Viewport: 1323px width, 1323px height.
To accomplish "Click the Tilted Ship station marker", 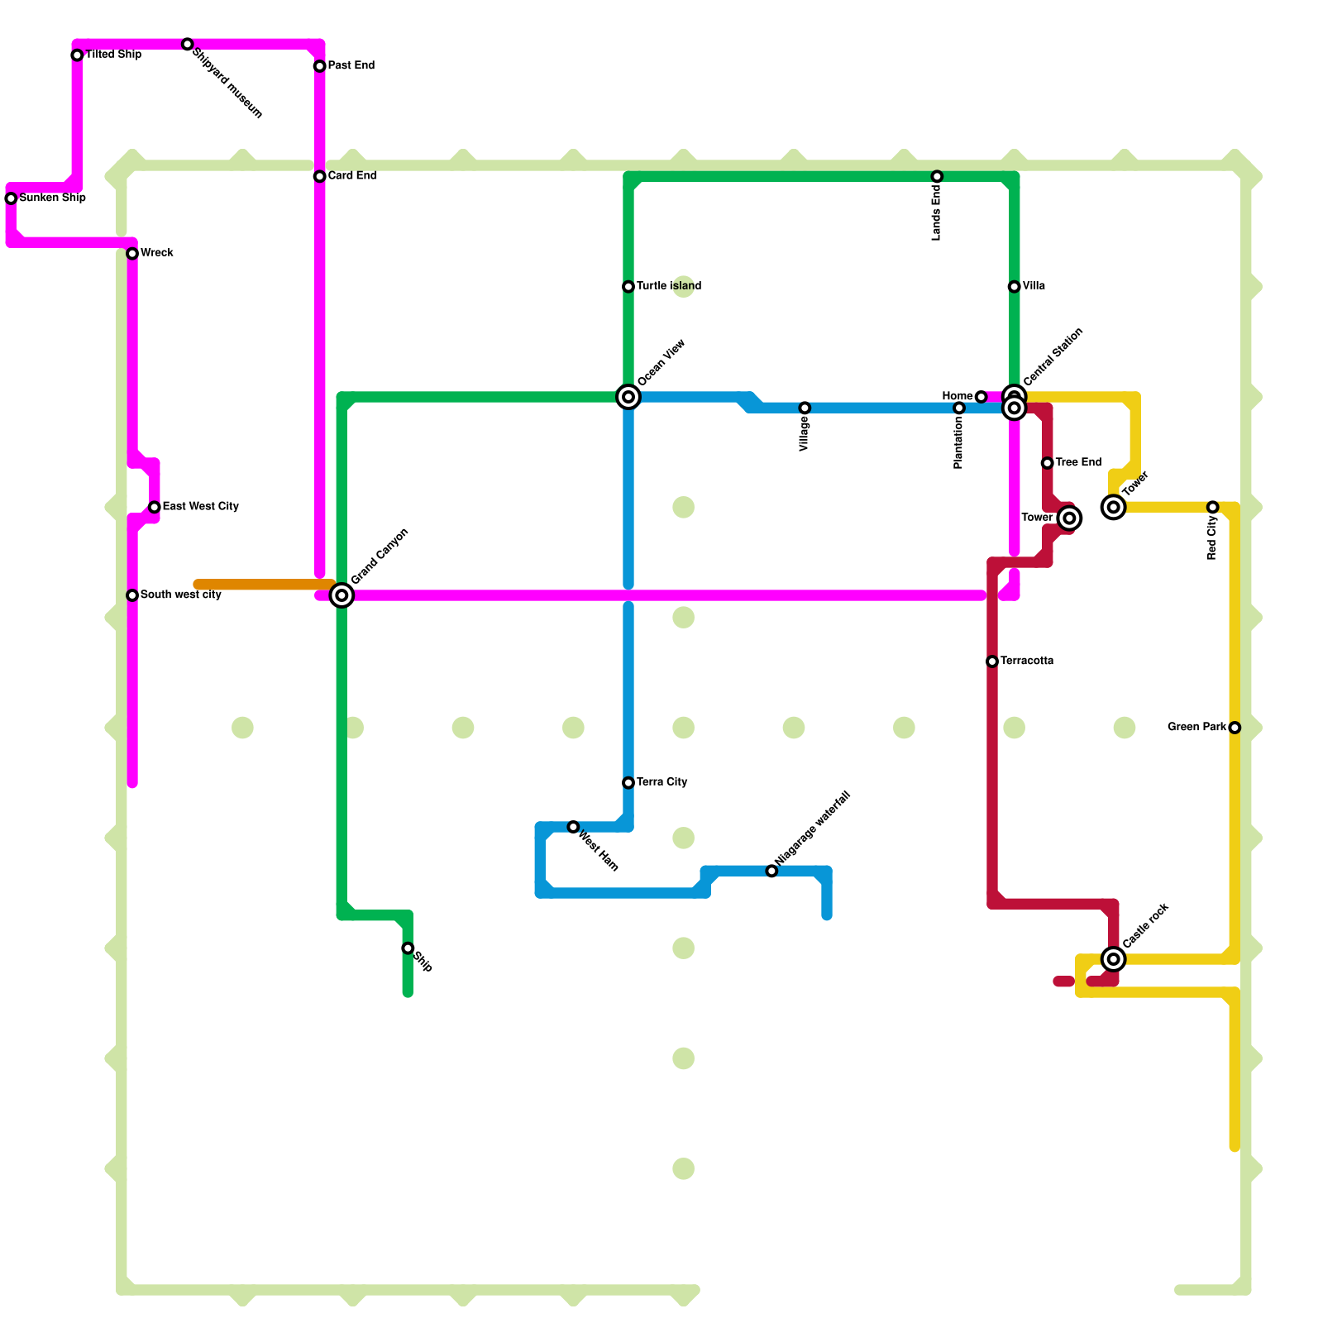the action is pyautogui.click(x=77, y=55).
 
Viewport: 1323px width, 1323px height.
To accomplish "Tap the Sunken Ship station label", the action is pyautogui.click(x=52, y=198).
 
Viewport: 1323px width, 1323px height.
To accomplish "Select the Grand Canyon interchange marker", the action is pyautogui.click(x=341, y=595).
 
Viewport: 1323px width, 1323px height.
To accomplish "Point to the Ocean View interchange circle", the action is pyautogui.click(x=628, y=397).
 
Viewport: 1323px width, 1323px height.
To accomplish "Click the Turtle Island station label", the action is pyautogui.click(x=669, y=286).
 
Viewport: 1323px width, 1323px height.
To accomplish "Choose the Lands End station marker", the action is pyautogui.click(x=937, y=176).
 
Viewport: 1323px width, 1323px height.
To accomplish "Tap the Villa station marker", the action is pyautogui.click(x=1015, y=287).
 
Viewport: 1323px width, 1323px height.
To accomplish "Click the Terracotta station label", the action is pyautogui.click(x=1027, y=661).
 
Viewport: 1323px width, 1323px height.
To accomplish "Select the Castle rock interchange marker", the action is pyautogui.click(x=1114, y=959).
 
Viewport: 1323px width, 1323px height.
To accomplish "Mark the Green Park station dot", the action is pyautogui.click(x=1235, y=728).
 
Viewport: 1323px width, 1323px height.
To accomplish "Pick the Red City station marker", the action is pyautogui.click(x=1213, y=507).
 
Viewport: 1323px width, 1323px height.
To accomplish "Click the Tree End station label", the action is pyautogui.click(x=1078, y=462).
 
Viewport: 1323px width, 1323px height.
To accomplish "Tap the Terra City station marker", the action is pyautogui.click(x=628, y=783).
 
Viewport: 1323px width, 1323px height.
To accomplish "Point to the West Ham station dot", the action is pyautogui.click(x=573, y=827).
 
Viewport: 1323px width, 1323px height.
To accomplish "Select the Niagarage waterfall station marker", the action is pyautogui.click(x=771, y=871).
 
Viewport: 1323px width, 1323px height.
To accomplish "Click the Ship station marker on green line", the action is pyautogui.click(x=408, y=948).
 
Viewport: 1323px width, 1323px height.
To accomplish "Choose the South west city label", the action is pyautogui.click(x=180, y=595).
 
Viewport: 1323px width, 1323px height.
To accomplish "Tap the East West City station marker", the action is pyautogui.click(x=155, y=507).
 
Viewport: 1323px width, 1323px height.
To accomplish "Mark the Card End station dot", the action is pyautogui.click(x=320, y=176).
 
